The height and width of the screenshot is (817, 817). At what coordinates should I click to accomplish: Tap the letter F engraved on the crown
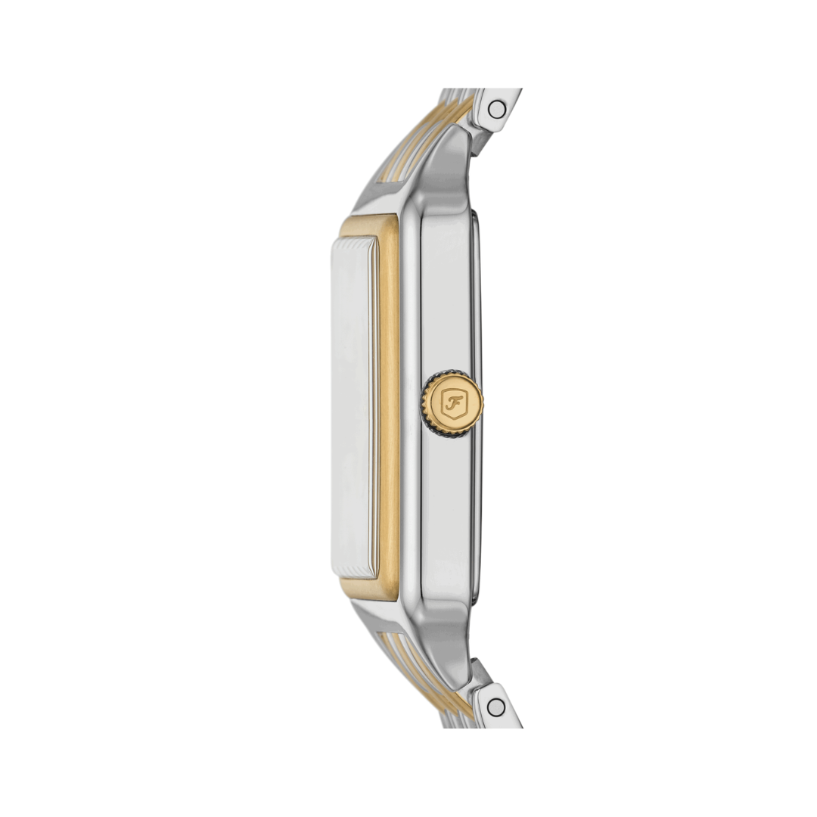click(x=453, y=401)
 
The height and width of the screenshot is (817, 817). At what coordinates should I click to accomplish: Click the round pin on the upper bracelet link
click(x=496, y=110)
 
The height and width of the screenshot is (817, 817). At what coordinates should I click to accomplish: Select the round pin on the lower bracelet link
click(x=496, y=707)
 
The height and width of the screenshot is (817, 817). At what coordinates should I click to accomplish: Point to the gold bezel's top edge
click(x=369, y=225)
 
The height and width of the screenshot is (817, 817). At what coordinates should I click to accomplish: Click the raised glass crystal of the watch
click(x=353, y=407)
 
